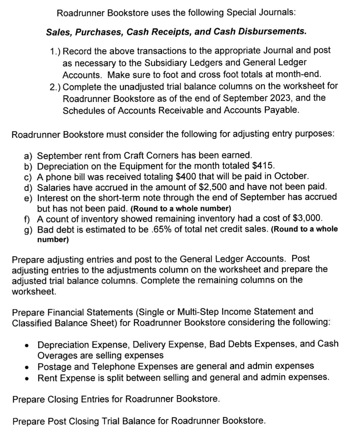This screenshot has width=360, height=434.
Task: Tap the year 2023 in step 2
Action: pos(282,98)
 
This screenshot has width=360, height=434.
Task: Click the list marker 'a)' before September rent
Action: pos(28,156)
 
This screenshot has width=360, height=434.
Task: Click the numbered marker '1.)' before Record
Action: pos(56,51)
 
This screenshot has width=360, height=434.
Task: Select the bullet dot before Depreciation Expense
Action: pos(27,345)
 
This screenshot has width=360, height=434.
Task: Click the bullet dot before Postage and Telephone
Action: pos(27,367)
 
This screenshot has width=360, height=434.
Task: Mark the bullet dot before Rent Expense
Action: pos(27,378)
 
